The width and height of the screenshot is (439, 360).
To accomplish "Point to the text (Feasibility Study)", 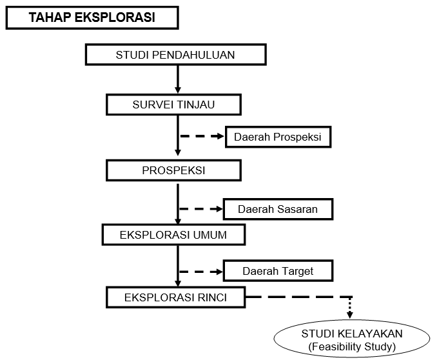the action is click(x=352, y=347).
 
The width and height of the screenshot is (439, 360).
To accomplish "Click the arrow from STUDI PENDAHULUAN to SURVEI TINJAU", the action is click(x=177, y=79).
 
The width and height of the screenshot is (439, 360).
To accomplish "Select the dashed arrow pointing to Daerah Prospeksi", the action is click(x=202, y=136).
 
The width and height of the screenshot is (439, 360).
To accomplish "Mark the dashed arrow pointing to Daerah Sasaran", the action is click(x=200, y=209).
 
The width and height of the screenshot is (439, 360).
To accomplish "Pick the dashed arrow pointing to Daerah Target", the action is click(x=200, y=272).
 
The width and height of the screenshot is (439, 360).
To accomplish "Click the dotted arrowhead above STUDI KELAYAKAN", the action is click(x=349, y=315).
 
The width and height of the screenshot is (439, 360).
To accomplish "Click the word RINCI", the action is click(x=212, y=297).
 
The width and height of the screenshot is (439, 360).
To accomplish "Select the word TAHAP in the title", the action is click(x=50, y=17).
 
